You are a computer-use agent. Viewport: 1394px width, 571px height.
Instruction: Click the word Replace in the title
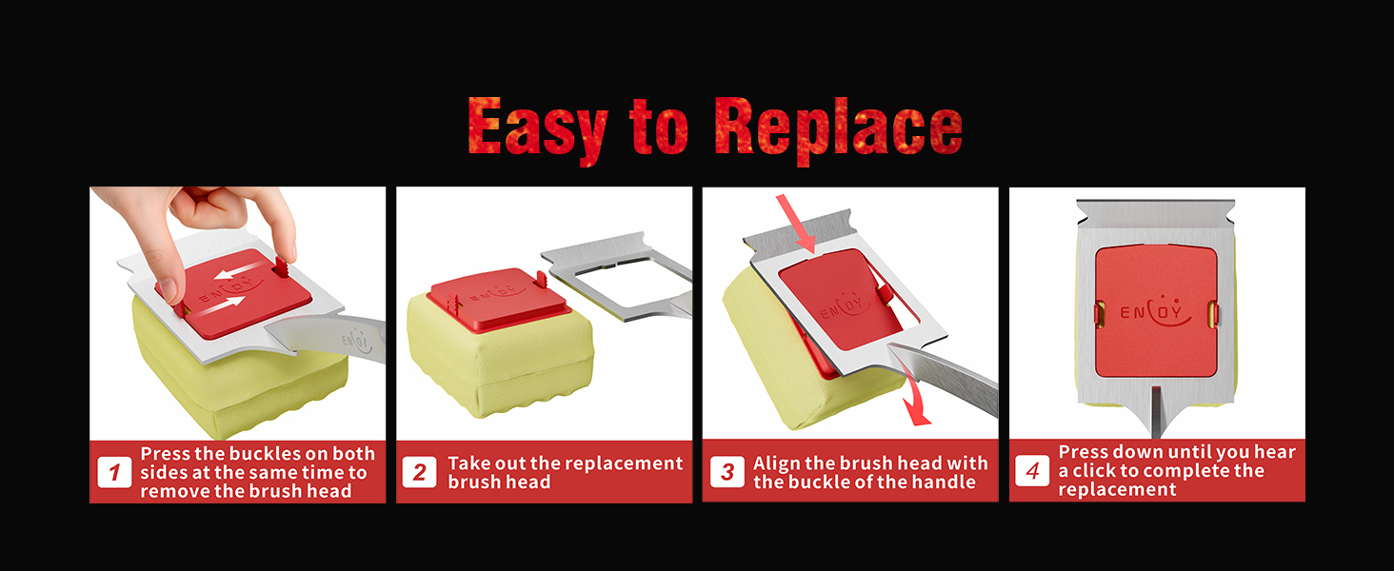pyautogui.click(x=838, y=130)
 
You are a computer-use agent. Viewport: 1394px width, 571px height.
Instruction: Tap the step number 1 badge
pyautogui.click(x=114, y=473)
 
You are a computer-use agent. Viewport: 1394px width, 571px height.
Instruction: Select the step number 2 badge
pyautogui.click(x=420, y=473)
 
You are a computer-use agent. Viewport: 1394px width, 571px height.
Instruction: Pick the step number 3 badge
pyautogui.click(x=727, y=472)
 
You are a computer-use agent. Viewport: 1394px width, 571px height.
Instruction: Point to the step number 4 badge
pyautogui.click(x=1032, y=471)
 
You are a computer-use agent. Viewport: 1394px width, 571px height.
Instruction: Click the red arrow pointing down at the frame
pyautogui.click(x=797, y=224)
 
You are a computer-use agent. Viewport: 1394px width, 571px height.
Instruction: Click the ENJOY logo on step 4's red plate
pyautogui.click(x=1156, y=310)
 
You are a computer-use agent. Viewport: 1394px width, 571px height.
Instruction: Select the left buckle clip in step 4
pyautogui.click(x=1100, y=314)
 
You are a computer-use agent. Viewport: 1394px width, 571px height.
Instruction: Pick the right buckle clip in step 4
pyautogui.click(x=1212, y=314)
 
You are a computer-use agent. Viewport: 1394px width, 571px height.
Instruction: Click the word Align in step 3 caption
pyautogui.click(x=776, y=463)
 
